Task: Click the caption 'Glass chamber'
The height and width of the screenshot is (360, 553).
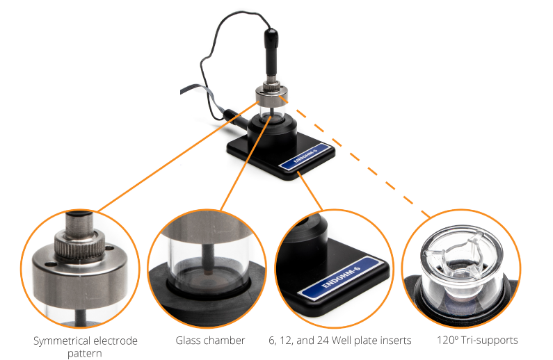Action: (x=210, y=341)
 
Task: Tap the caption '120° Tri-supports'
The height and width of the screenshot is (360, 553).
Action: (x=477, y=341)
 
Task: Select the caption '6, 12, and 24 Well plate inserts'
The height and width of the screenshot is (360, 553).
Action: (x=340, y=341)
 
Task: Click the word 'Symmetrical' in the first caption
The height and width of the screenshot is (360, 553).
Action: (x=58, y=341)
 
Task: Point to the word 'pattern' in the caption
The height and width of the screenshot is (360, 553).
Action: (x=85, y=353)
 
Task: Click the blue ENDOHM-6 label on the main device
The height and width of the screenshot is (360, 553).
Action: (x=306, y=157)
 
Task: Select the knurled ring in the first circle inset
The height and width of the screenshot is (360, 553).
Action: (x=80, y=244)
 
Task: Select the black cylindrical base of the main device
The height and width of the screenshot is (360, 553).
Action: (x=271, y=132)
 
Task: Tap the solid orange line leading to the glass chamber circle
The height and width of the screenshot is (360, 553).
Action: (x=246, y=163)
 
